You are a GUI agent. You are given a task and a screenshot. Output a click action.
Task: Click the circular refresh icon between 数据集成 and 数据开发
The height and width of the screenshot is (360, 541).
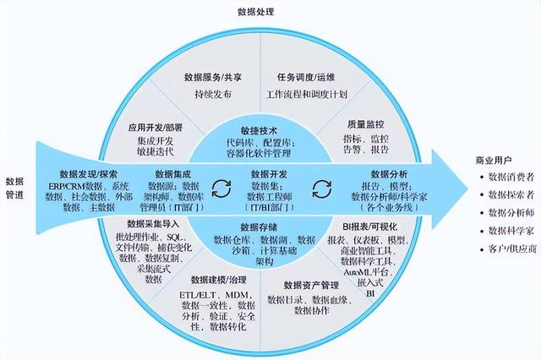(221, 187)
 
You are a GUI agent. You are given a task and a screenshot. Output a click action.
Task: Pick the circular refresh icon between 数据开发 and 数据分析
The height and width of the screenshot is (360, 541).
(320, 187)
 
